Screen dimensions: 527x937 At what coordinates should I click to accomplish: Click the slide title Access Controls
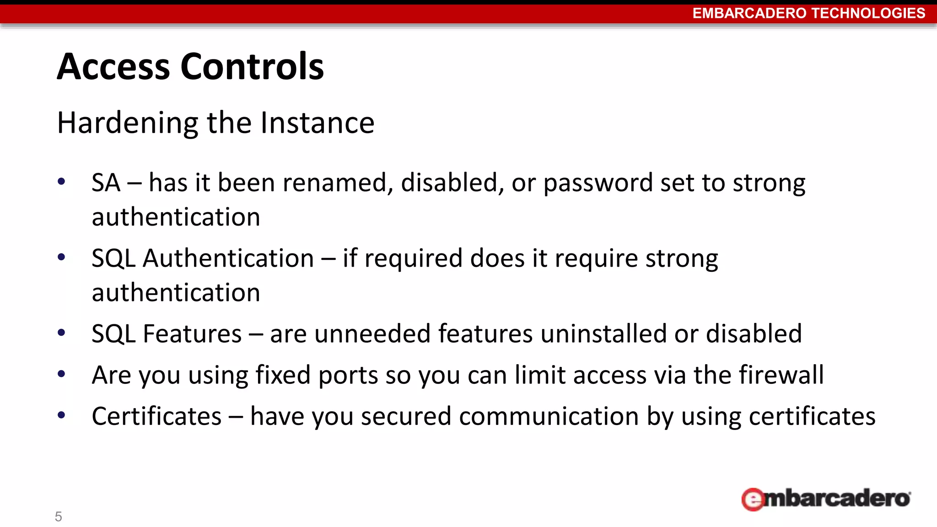[x=190, y=67]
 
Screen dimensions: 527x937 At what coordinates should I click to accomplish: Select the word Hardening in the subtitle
[x=128, y=123]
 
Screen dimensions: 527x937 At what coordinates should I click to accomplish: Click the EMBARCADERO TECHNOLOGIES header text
[x=808, y=13]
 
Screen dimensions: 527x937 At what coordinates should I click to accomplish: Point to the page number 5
[x=58, y=516]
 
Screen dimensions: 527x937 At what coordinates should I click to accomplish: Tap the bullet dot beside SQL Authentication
[x=61, y=257]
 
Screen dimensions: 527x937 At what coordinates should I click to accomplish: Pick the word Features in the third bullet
[x=192, y=333]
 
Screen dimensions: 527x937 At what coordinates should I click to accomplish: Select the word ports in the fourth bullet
[x=348, y=376]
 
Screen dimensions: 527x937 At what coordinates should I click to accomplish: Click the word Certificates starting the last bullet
[x=156, y=416]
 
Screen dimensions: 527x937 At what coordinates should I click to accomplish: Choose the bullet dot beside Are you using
[x=61, y=374]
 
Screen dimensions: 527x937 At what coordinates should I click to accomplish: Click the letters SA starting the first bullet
[x=106, y=183]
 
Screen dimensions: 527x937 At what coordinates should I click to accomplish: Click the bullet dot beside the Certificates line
[x=61, y=415]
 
